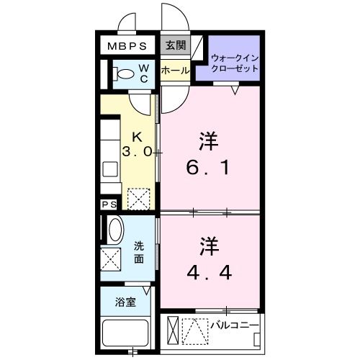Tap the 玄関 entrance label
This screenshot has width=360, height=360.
pyautogui.click(x=175, y=45)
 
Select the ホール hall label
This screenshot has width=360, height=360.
pyautogui.click(x=175, y=71)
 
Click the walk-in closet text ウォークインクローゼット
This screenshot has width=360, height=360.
pyautogui.click(x=235, y=63)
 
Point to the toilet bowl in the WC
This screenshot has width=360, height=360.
pyautogui.click(x=125, y=73)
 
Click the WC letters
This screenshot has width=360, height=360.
pyautogui.click(x=144, y=74)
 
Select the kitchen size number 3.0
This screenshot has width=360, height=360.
pyautogui.click(x=137, y=152)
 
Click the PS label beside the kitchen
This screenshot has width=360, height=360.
pyautogui.click(x=109, y=204)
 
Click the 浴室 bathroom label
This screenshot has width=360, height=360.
pyautogui.click(x=126, y=302)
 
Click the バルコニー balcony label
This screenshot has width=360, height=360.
pyautogui.click(x=234, y=325)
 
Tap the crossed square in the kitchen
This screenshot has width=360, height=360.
pyautogui.click(x=138, y=197)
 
